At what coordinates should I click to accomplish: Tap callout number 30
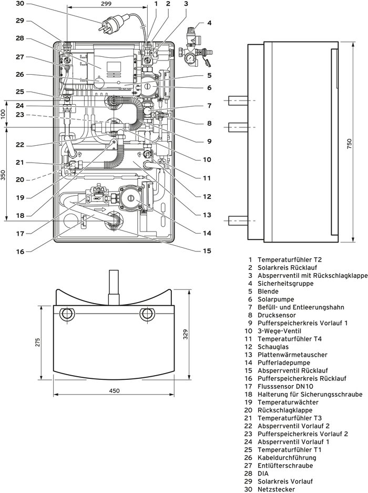[x=20, y=4]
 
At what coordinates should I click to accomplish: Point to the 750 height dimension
[x=350, y=143]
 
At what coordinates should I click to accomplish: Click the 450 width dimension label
[x=114, y=391]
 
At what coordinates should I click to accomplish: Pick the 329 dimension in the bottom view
[x=185, y=334]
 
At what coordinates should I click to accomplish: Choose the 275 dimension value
[x=37, y=343]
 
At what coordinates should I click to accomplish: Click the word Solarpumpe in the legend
[x=276, y=299]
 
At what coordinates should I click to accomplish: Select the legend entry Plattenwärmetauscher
[x=292, y=355]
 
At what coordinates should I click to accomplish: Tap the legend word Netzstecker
[x=276, y=489]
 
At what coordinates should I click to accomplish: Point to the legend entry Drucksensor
[x=277, y=315]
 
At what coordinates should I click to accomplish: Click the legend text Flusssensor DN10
[x=285, y=386]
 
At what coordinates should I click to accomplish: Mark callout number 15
[x=207, y=251]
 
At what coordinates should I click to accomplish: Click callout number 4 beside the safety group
[x=209, y=23]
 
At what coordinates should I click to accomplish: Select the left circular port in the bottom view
[x=67, y=314]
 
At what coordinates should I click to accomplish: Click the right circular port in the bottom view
[x=147, y=314]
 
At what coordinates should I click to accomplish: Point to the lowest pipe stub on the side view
[x=238, y=220]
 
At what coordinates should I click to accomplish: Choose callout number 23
[x=20, y=115]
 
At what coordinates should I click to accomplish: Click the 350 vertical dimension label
[x=3, y=175]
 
